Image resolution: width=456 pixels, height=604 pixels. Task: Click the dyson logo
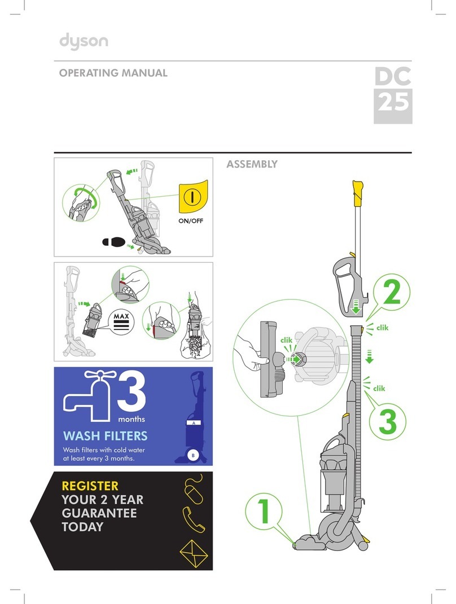[x=84, y=42]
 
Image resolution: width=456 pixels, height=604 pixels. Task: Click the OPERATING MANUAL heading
[x=113, y=73]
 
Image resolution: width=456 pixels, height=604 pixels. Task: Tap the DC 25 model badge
[x=393, y=95]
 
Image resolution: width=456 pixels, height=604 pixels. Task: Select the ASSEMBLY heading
[x=252, y=164]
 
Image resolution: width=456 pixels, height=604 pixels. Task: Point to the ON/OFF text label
[x=190, y=221]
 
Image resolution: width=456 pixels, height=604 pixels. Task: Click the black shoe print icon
[x=113, y=242]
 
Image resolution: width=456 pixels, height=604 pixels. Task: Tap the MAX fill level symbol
[x=121, y=322]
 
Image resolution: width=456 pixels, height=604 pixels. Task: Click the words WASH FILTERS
[x=105, y=436]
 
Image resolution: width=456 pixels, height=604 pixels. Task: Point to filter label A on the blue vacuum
[x=194, y=423]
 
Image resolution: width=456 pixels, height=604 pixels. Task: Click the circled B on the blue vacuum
[x=193, y=455]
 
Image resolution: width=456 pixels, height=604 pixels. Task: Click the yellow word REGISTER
[x=90, y=486]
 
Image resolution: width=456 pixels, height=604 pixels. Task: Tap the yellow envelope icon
[x=194, y=554]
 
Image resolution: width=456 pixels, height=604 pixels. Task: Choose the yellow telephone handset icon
[x=194, y=519]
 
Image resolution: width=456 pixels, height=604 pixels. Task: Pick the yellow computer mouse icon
[x=194, y=488]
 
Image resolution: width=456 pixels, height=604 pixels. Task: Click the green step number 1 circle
[x=264, y=512]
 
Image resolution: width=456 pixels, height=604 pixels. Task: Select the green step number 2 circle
[x=392, y=293]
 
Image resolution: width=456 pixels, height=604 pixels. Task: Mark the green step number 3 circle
[x=387, y=421]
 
